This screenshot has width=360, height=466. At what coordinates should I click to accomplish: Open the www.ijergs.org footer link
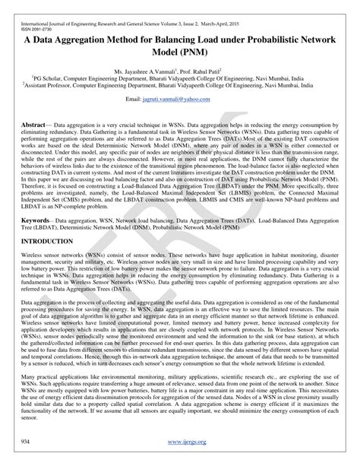pyautogui.click(x=179, y=441)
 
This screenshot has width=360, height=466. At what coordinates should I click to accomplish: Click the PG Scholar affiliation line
pyautogui.click(x=181, y=77)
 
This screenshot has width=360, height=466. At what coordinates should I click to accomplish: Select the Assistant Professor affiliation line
pyautogui.click(x=181, y=85)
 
